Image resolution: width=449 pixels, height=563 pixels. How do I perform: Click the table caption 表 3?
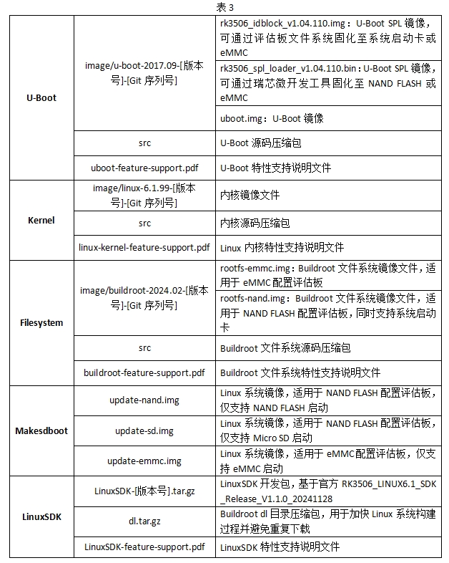224,6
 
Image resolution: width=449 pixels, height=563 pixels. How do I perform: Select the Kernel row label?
41,220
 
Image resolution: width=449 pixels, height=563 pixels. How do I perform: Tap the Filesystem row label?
41,322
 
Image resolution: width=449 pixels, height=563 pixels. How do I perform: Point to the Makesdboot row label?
41,430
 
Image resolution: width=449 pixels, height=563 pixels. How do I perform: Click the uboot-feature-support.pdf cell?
144,168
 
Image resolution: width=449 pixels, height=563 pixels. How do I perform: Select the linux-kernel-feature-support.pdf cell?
144,247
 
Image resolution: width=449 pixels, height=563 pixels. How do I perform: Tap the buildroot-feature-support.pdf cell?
144,372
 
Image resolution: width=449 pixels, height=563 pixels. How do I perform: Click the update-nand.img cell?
144,400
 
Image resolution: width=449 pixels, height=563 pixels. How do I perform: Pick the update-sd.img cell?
144,430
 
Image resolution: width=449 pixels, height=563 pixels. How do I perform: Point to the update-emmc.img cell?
144,461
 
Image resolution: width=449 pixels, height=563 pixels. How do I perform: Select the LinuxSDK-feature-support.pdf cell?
144,547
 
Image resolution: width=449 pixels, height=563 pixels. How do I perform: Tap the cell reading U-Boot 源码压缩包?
260,143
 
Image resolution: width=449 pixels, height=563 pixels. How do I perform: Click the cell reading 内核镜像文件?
250,195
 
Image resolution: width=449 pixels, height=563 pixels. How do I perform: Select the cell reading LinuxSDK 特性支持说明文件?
280,547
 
